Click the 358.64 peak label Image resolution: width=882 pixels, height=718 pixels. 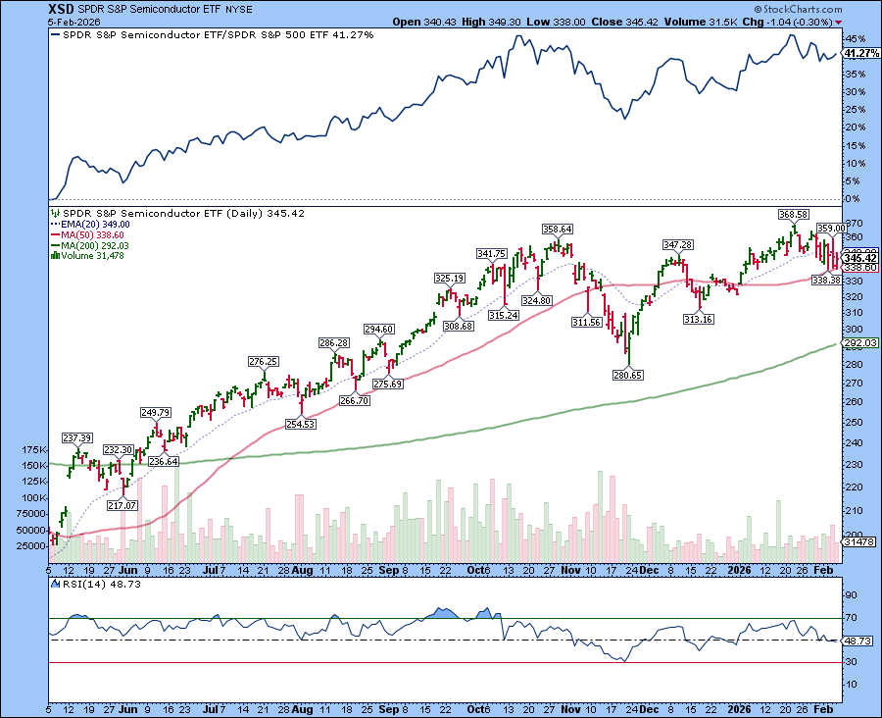(559, 230)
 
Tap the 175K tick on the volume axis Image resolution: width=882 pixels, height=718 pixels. (32, 449)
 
